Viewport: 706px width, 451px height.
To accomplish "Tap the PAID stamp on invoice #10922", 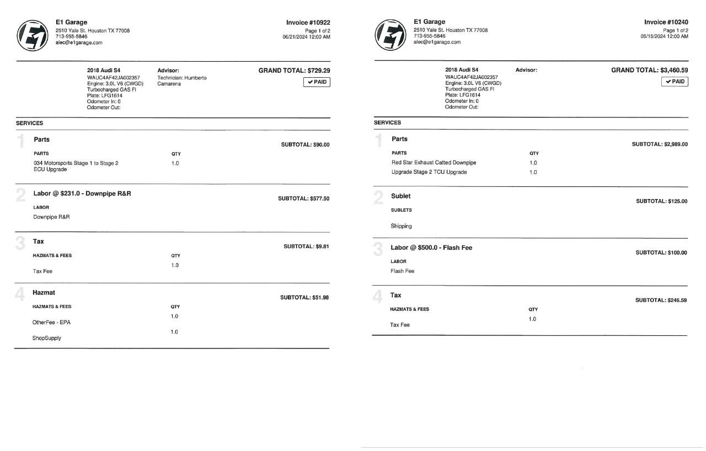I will [317, 82].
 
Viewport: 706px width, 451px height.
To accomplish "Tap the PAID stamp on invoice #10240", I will [675, 82].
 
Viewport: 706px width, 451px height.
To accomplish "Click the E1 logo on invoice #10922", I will [32, 35].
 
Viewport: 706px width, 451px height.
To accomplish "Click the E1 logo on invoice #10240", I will [390, 35].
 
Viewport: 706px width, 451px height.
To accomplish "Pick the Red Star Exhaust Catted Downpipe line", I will [434, 163].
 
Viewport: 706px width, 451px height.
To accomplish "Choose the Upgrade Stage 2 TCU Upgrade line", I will [429, 172].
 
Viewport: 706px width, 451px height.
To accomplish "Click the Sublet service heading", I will [400, 196].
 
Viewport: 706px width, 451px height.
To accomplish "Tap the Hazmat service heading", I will [44, 292].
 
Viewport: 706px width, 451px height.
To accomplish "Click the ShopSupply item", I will [46, 338].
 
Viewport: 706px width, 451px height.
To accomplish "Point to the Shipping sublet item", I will [401, 226].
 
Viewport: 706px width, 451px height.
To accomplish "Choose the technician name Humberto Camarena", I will [182, 81].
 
